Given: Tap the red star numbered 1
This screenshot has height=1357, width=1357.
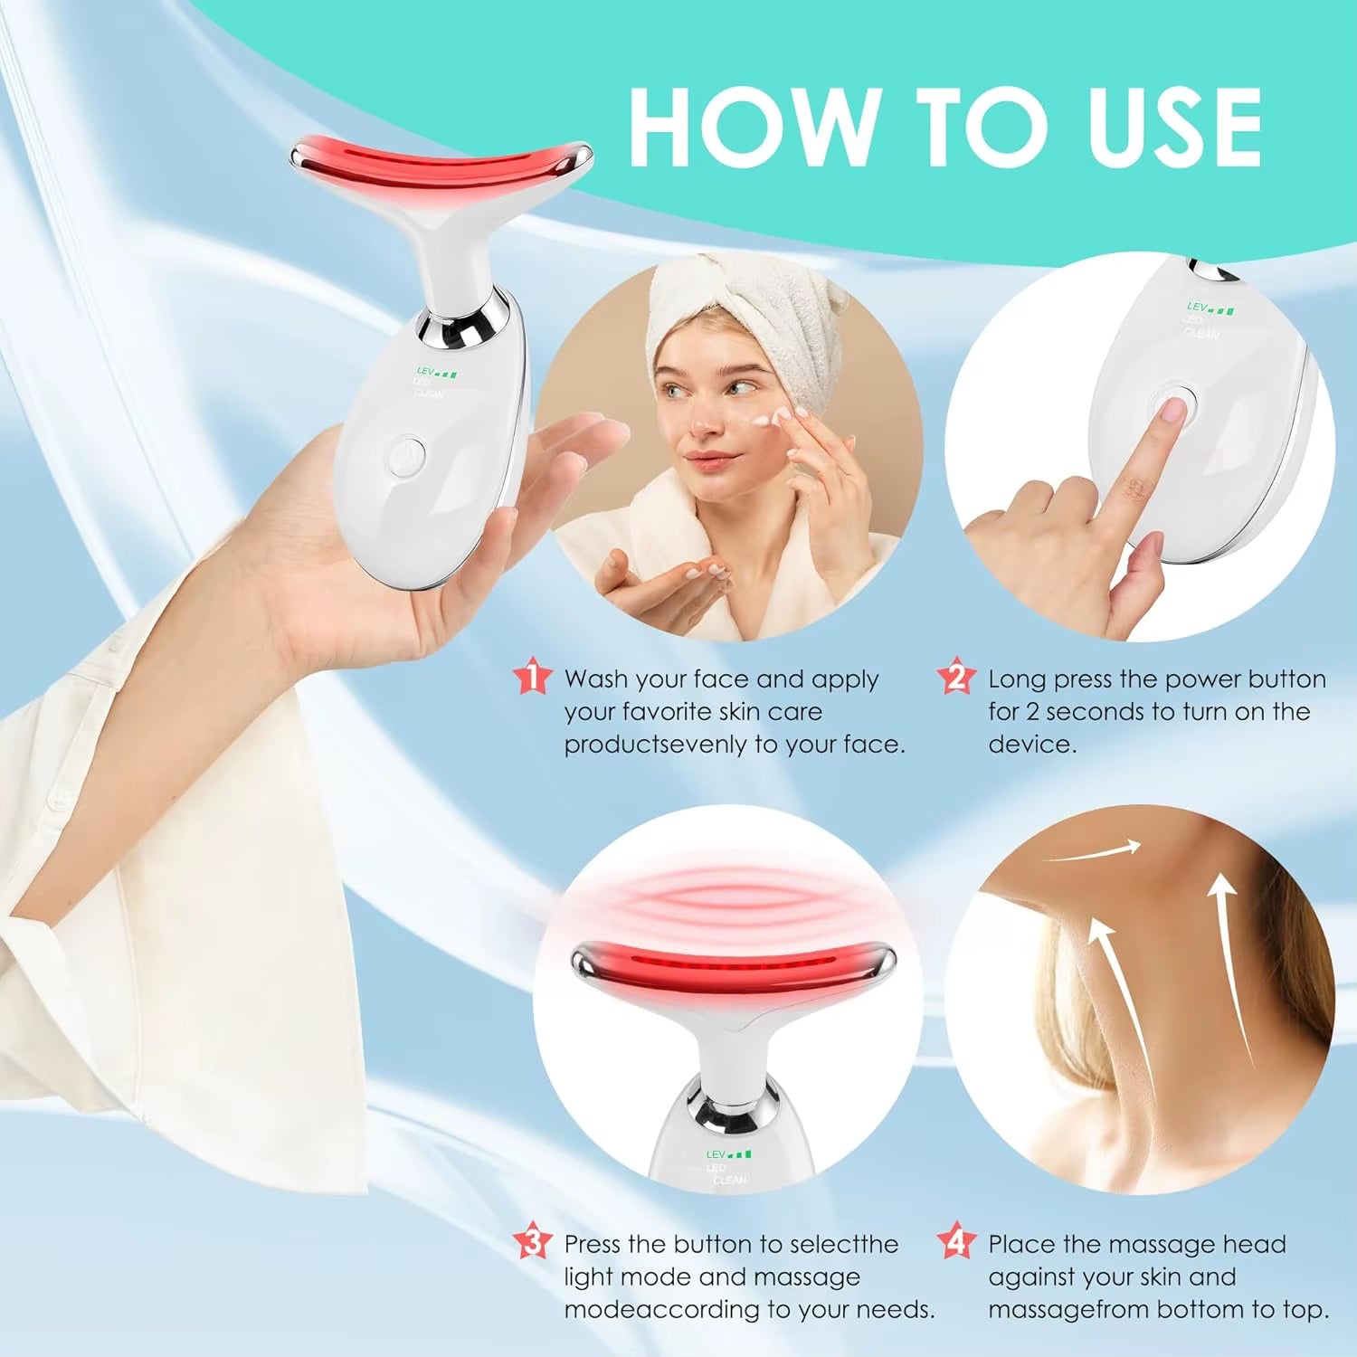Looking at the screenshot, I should coord(532,678).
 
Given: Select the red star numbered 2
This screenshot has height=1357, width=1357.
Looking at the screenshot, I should coord(956,678).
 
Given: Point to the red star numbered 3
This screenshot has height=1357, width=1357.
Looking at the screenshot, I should coord(532,1242).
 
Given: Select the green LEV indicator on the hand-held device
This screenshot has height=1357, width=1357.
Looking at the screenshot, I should coord(437,372).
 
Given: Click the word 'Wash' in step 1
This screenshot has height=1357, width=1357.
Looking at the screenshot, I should coord(596,678).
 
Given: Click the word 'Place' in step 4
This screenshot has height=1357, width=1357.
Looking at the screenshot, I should coord(1021,1245).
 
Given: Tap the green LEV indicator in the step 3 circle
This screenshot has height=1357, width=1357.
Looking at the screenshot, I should coord(728,1154).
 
